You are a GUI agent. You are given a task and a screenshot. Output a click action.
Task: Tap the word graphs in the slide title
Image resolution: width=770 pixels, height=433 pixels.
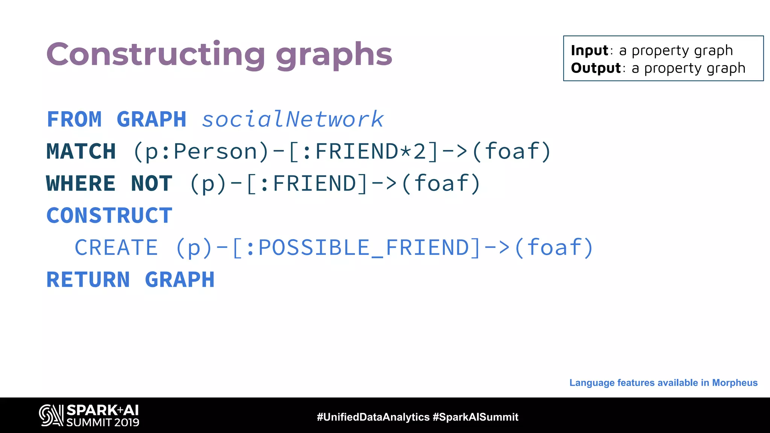334,56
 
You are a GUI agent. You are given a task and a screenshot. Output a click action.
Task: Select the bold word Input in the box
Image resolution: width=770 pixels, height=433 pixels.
589,50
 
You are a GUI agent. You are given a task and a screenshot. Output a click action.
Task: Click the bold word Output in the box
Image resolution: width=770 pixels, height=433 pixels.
596,68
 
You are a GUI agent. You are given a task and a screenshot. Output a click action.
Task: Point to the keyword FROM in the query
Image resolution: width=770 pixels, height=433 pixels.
74,120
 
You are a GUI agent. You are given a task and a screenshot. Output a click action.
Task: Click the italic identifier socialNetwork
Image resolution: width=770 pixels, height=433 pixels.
293,120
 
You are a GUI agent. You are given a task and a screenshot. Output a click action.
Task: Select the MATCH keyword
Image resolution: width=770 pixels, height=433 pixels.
81,151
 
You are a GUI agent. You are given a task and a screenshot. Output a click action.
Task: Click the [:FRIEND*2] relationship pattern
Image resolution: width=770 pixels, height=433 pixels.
363,151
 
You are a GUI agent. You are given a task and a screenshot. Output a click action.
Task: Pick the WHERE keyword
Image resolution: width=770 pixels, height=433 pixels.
81,183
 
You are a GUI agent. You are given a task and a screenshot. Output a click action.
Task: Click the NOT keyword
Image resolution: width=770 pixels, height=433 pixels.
152,183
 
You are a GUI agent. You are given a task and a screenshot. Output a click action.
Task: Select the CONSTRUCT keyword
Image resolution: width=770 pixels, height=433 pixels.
109,215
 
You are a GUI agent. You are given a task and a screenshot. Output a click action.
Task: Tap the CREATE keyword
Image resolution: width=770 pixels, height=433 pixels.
116,248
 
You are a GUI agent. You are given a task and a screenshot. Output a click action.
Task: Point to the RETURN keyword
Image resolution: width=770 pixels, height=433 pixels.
88,280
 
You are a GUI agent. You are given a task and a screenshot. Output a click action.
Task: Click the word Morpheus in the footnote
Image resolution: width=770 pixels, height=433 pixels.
735,383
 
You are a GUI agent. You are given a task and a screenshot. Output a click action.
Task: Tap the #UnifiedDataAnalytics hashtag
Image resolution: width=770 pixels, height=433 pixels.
373,417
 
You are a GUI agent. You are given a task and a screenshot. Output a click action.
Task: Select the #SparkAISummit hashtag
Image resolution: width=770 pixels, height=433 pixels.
476,417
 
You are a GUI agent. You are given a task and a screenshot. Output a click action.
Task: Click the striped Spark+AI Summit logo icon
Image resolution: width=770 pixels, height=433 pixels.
51,415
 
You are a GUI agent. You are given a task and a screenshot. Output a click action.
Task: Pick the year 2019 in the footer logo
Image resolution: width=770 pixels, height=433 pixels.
127,422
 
